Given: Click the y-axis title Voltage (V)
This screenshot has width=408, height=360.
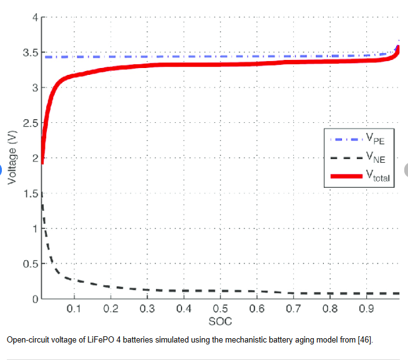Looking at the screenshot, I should (12, 159).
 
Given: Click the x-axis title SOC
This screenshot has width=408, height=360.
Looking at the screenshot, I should (220, 321).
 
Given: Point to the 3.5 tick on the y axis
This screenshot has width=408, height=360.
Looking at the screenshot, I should (29, 52).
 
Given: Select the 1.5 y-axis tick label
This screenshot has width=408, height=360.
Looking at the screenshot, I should (29, 193).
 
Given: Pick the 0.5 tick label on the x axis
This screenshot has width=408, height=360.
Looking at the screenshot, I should (220, 309).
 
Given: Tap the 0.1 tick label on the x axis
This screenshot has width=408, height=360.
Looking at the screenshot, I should (74, 309).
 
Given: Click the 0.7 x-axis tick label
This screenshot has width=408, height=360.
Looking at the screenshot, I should (293, 309).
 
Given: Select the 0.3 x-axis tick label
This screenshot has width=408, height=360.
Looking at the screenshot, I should (147, 309).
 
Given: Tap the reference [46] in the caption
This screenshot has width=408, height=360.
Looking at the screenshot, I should (366, 340).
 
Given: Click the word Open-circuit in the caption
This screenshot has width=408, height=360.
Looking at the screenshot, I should (27, 340).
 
